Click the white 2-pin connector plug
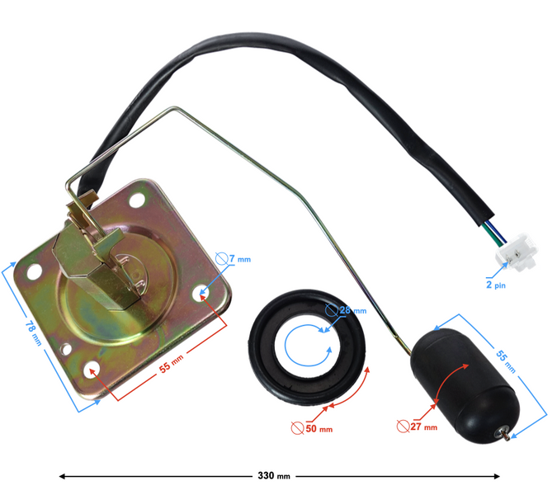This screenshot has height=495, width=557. pyautogui.click(x=517, y=252)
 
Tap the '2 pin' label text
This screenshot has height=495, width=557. pyautogui.click(x=496, y=285)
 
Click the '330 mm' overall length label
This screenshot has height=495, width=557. pyautogui.click(x=274, y=476)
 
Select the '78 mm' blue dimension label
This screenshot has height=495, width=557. pyautogui.click(x=33, y=333)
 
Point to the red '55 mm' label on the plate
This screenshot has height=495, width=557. pyautogui.click(x=171, y=364)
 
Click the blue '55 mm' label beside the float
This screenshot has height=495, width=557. pyautogui.click(x=506, y=361)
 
